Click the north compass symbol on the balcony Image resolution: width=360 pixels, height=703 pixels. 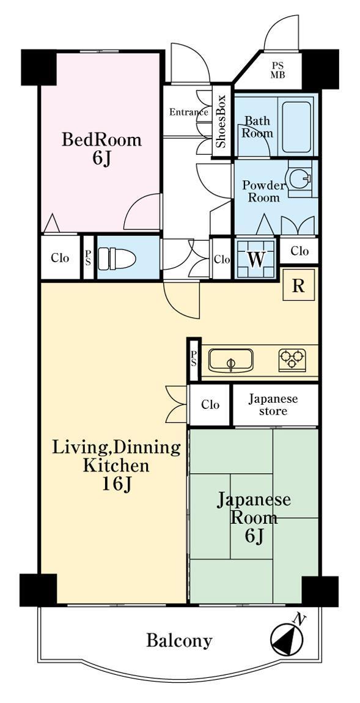point(287,638)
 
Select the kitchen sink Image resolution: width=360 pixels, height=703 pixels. point(230,360)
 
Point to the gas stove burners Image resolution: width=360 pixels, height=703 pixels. point(292,359)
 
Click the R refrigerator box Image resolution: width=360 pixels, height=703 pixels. point(298,285)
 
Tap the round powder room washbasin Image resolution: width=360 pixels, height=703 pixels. point(299,179)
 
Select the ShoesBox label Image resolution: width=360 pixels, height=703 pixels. point(221,122)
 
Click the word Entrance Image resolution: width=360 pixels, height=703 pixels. point(188,112)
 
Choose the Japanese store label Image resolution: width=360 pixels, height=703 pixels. point(273,405)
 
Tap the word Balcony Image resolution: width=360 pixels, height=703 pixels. point(179,641)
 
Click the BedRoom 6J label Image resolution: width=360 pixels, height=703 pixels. point(101,149)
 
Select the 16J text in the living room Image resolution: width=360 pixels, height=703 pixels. point(116,484)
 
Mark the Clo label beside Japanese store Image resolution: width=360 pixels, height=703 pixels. point(210,405)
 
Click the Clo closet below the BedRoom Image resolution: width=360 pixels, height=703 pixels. point(60,258)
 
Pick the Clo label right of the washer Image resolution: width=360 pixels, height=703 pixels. point(299,251)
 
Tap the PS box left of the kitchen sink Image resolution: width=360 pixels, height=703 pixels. point(194,359)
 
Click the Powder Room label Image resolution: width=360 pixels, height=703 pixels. point(264,191)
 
